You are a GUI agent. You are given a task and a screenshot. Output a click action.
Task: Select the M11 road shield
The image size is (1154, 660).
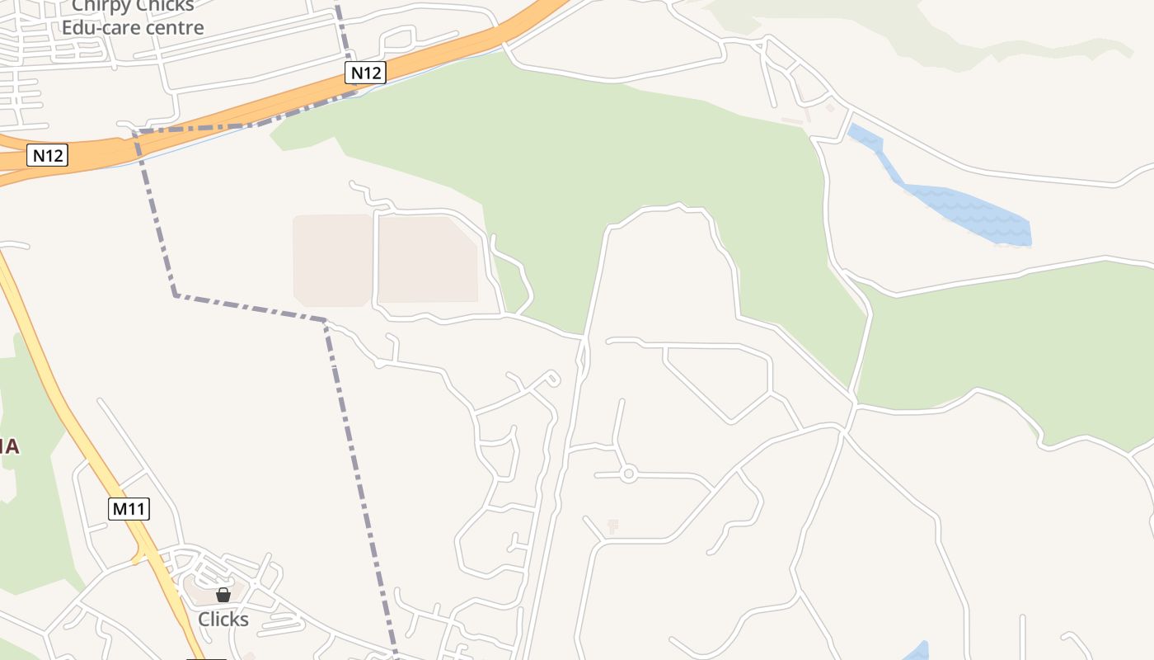click(x=129, y=509)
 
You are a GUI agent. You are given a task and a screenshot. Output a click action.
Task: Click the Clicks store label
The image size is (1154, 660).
click(x=223, y=619)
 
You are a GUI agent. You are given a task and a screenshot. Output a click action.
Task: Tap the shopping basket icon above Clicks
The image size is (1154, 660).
click(x=223, y=595)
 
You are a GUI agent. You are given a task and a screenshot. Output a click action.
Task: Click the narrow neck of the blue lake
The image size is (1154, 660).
click(x=889, y=165)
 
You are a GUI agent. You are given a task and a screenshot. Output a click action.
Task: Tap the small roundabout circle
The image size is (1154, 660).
click(x=629, y=474)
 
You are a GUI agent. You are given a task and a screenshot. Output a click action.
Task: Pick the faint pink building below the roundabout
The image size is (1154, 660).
click(x=612, y=525)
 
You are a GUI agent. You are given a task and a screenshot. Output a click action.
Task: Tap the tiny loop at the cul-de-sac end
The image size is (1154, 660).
click(x=551, y=378)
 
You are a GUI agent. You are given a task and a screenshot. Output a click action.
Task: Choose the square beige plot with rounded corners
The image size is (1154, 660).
click(x=332, y=260)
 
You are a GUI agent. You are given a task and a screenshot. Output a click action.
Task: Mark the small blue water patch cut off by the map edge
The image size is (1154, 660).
click(x=917, y=652)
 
